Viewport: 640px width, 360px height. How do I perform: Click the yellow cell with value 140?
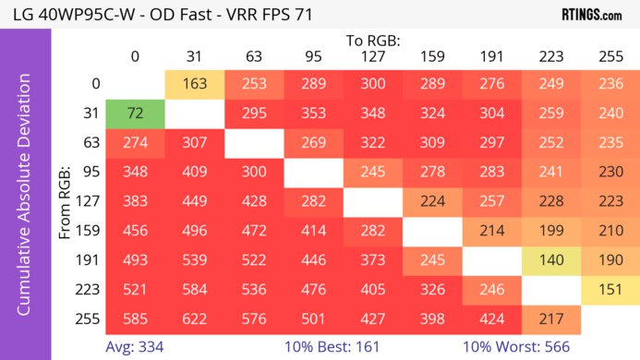[x=551, y=259]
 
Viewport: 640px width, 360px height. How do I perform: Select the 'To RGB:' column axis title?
[x=374, y=41]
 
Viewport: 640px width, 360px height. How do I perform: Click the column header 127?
[x=374, y=57]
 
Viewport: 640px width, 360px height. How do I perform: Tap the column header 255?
[x=610, y=57]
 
